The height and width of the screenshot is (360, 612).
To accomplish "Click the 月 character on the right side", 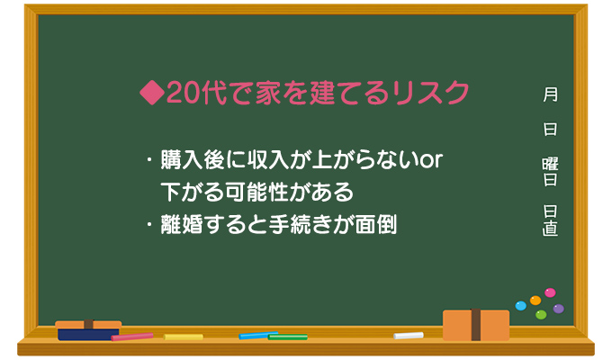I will pos(550,94).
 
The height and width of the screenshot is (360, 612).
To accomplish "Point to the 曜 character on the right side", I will pos(550,162).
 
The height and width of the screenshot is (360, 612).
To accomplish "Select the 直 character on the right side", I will pos(550,229).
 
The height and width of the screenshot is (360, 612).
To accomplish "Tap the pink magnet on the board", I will pos(550,292).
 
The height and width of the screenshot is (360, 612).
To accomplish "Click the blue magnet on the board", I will pos(520,306).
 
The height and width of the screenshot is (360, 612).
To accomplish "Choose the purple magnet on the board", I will pos(559,308).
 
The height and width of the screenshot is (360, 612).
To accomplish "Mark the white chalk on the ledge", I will pos(408,336).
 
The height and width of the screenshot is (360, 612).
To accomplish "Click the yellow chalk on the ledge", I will pos(184,337).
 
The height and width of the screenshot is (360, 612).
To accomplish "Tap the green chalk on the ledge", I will pos(288,337).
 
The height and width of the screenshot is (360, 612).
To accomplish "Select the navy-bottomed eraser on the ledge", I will pos(88,330).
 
